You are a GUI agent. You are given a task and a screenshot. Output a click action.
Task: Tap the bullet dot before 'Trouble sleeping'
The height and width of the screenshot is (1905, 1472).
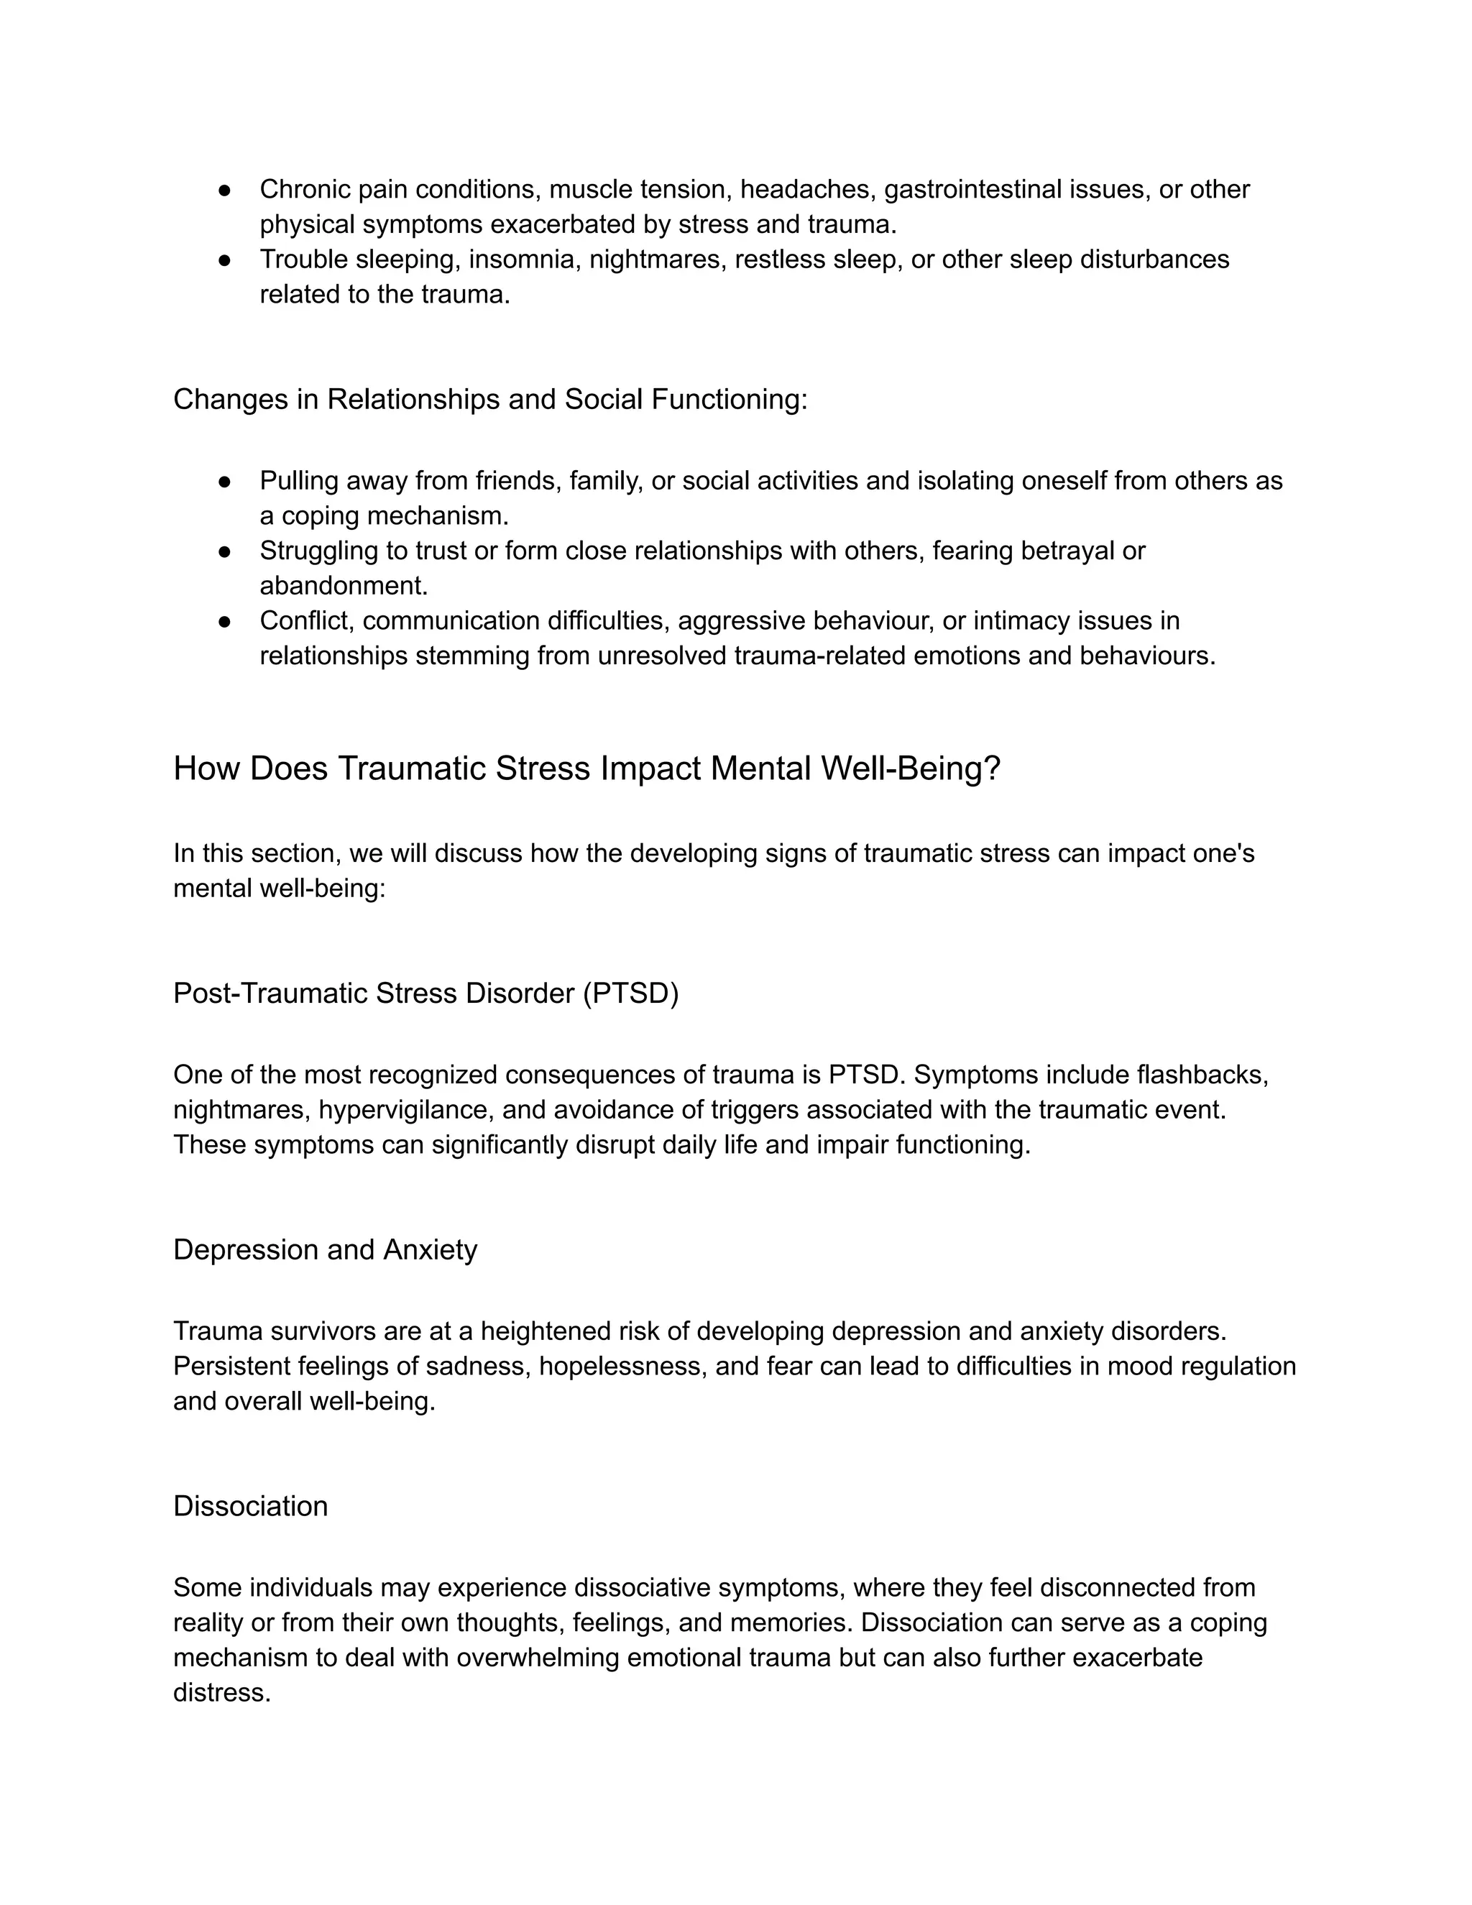[224, 260]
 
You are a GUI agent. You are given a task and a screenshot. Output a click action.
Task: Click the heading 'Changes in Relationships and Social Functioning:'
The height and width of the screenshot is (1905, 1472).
[490, 400]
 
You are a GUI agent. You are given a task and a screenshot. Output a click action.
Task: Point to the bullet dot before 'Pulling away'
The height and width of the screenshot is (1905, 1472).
[224, 482]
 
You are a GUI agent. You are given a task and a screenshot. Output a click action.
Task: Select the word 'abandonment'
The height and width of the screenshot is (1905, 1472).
[344, 585]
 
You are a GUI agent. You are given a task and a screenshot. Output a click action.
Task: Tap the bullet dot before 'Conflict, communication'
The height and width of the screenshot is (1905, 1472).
[224, 621]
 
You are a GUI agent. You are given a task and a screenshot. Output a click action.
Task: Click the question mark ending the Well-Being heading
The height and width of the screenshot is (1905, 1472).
[991, 768]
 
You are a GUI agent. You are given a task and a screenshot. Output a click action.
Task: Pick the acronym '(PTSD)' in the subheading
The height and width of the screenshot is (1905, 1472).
[630, 993]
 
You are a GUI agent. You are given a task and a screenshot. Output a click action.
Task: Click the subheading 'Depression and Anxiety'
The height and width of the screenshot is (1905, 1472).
[326, 1250]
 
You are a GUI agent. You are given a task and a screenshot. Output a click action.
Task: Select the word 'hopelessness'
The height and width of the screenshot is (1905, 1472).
[622, 1366]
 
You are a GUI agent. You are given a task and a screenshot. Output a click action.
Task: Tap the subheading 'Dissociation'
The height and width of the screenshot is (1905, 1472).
[250, 1506]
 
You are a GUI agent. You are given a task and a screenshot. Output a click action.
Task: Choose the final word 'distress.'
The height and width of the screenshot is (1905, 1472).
[221, 1692]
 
